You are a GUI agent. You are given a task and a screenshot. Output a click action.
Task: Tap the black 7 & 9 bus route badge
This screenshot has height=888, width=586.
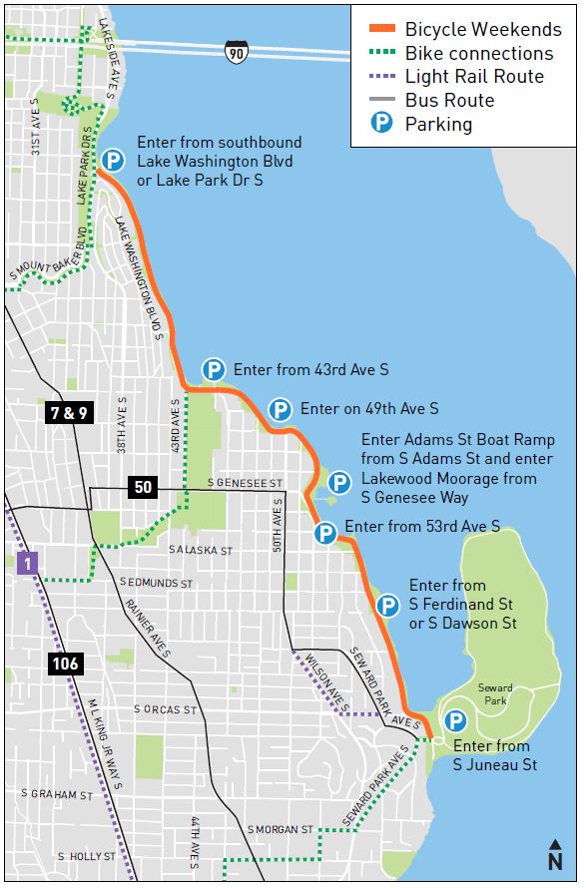[68, 412]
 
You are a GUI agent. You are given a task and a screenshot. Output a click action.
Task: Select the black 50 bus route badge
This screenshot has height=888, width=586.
[143, 487]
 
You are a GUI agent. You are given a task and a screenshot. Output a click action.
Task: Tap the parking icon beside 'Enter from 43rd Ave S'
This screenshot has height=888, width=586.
[213, 370]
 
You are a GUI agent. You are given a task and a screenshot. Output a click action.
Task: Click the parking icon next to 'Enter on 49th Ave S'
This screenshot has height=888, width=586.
[280, 409]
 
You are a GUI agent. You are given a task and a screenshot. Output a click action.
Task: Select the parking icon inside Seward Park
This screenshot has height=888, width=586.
[455, 720]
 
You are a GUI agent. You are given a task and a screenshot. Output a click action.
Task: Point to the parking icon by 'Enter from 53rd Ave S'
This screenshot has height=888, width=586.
[324, 533]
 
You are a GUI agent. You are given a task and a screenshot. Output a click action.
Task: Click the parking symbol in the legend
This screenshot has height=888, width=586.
[380, 125]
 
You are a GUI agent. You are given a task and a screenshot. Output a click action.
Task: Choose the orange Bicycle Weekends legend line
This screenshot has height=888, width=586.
[380, 30]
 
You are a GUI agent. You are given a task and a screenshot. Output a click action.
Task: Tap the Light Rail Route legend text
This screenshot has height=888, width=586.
[474, 77]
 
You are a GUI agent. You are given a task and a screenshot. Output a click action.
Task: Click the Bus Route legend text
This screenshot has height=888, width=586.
[449, 101]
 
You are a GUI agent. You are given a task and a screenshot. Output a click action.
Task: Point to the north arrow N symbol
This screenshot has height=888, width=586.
[555, 856]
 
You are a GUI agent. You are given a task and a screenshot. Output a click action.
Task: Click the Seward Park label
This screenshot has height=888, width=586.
[495, 694]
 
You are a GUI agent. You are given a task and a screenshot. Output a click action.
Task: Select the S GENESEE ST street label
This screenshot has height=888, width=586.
[246, 483]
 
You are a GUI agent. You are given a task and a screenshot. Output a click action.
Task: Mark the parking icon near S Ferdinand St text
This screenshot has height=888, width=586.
[388, 605]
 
